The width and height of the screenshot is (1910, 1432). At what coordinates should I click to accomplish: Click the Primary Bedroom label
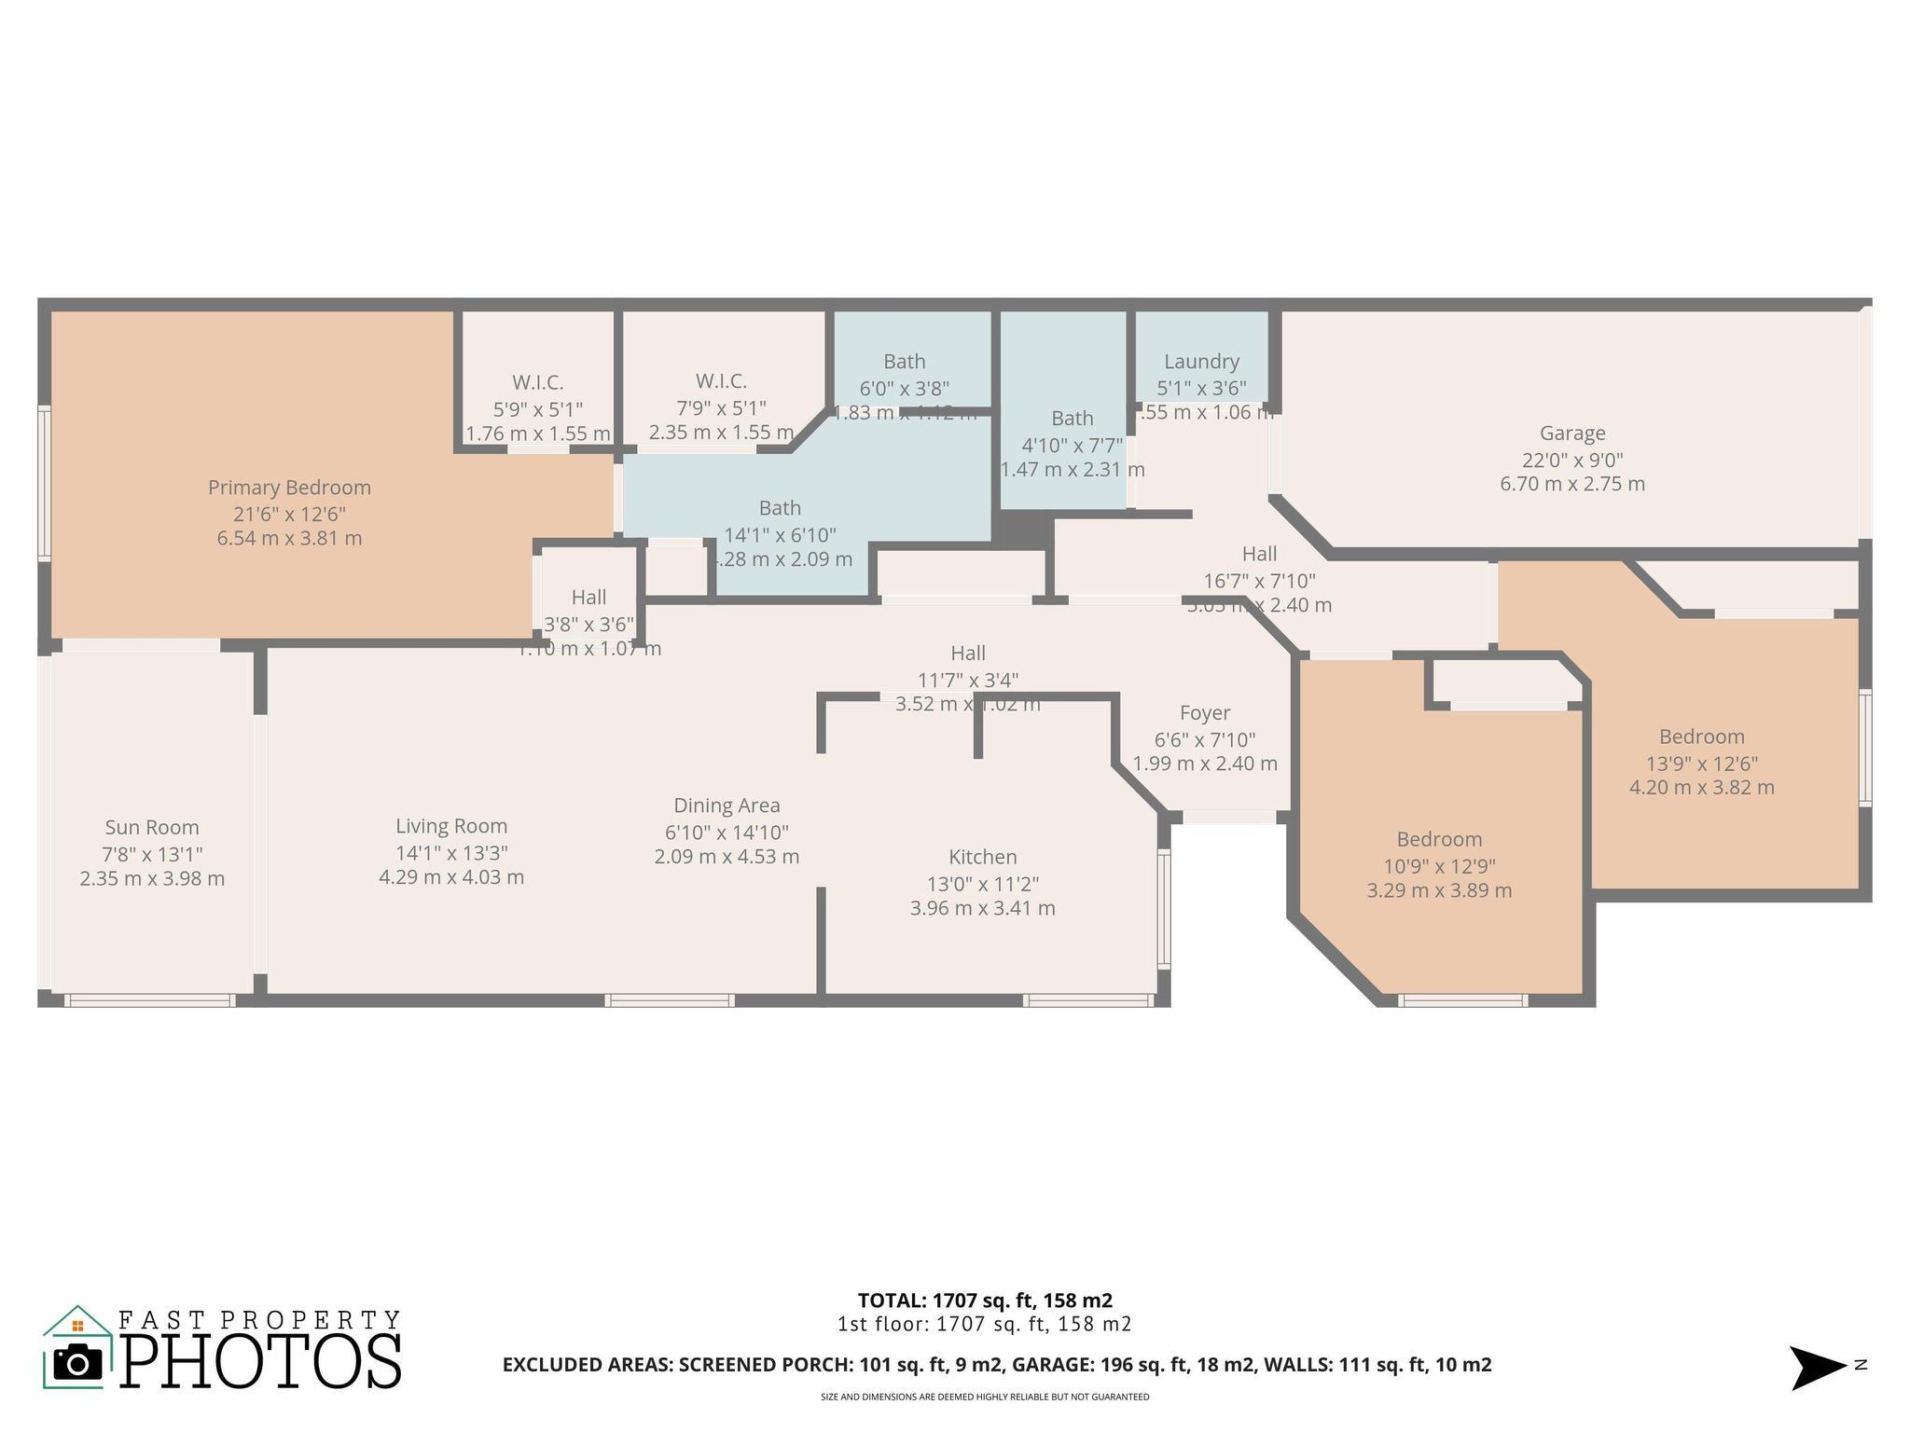pyautogui.click(x=289, y=488)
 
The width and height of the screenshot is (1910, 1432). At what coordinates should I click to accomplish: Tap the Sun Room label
pyautogui.click(x=152, y=828)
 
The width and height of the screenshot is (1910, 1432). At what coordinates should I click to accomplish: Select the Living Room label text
pyautogui.click(x=451, y=826)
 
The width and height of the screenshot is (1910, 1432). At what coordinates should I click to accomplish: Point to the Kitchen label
pyautogui.click(x=983, y=858)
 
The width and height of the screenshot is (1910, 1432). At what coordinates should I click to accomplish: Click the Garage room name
pyautogui.click(x=1572, y=434)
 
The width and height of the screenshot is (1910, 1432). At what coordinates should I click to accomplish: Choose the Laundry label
pyautogui.click(x=1201, y=362)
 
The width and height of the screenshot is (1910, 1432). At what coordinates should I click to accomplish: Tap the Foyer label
pyautogui.click(x=1205, y=713)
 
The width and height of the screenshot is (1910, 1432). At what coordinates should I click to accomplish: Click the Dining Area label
pyautogui.click(x=727, y=805)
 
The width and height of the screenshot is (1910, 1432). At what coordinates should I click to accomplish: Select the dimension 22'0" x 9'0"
pyautogui.click(x=1572, y=460)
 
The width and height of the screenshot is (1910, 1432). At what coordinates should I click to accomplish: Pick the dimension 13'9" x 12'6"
pyautogui.click(x=1701, y=764)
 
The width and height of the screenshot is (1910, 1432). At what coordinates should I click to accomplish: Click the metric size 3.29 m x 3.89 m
pyautogui.click(x=1439, y=890)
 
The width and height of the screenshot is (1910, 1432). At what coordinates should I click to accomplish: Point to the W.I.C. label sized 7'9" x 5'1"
pyautogui.click(x=721, y=381)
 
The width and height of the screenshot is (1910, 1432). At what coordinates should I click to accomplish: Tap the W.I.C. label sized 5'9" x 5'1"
pyautogui.click(x=537, y=383)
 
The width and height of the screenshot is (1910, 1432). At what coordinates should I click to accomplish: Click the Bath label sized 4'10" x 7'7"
pyautogui.click(x=1072, y=419)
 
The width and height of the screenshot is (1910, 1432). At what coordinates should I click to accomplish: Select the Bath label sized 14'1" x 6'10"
pyautogui.click(x=780, y=508)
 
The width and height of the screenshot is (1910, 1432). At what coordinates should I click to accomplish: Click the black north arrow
pyautogui.click(x=1815, y=1368)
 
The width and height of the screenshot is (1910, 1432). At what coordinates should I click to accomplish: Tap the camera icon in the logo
pyautogui.click(x=77, y=1364)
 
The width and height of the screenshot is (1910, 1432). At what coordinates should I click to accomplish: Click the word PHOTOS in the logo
pyautogui.click(x=261, y=1361)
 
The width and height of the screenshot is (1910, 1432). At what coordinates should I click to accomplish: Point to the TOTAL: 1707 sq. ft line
pyautogui.click(x=985, y=1301)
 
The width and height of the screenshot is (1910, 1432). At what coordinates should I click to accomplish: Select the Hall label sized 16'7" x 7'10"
pyautogui.click(x=1259, y=555)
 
